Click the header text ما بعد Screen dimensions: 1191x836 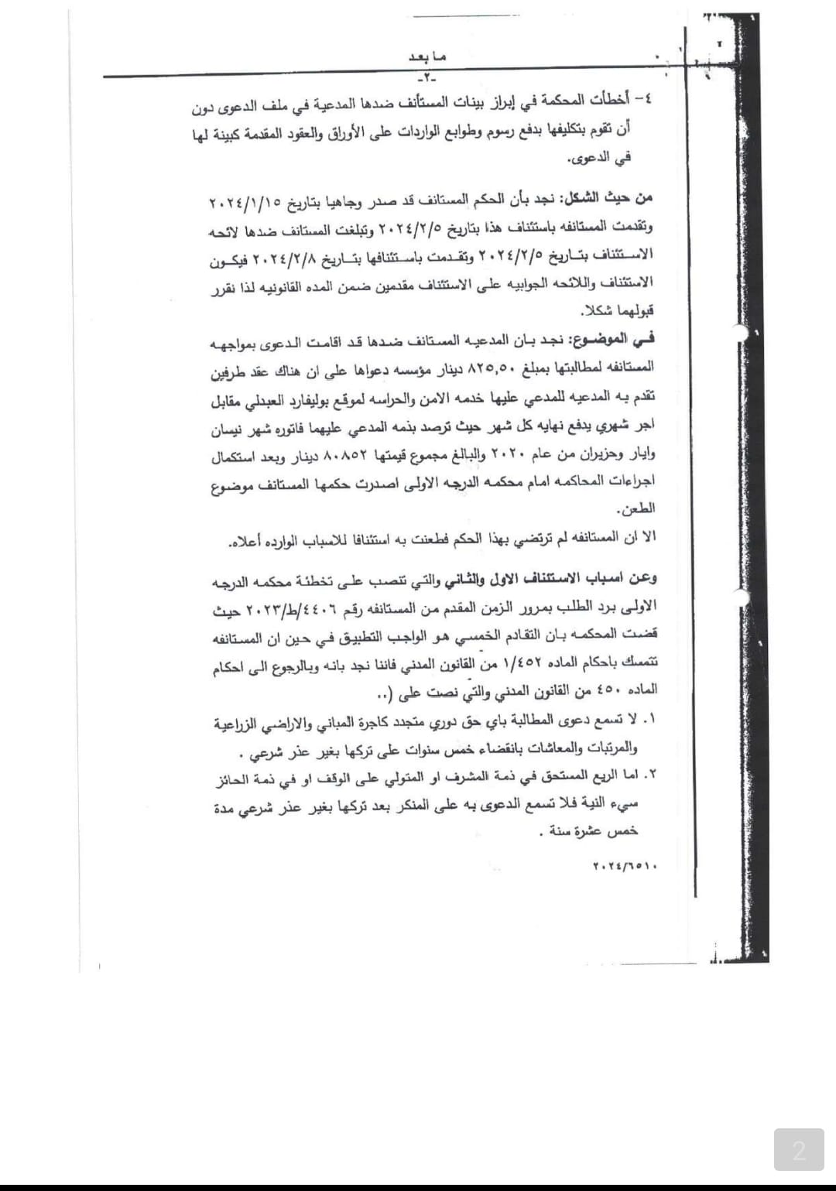428,57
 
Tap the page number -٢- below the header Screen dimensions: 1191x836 426,78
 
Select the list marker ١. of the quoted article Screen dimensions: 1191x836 649,720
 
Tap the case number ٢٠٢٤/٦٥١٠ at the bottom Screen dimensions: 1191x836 625,867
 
